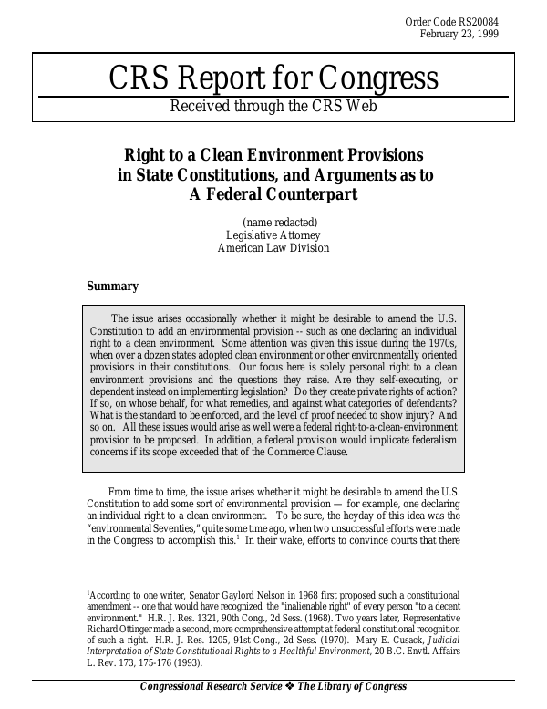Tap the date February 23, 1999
(x=459, y=35)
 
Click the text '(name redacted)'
(x=280, y=222)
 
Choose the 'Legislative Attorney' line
(x=273, y=235)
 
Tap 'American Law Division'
(x=273, y=247)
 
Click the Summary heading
(x=112, y=287)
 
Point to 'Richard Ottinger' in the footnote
(x=124, y=628)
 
